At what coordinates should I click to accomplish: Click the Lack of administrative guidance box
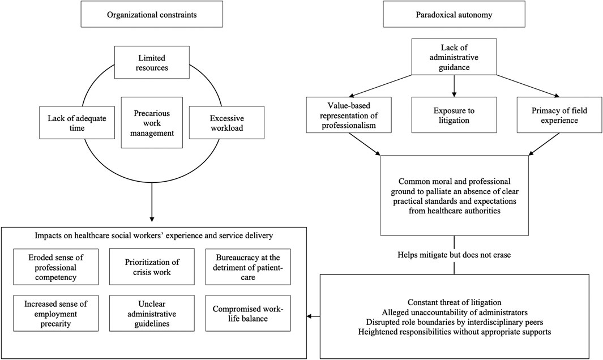(454, 57)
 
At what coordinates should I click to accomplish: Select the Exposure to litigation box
(454, 115)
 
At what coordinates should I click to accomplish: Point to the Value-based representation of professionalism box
(349, 115)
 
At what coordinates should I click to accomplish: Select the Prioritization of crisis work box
(151, 267)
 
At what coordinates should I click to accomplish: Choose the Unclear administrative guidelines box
(151, 313)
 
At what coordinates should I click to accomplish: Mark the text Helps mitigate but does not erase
(454, 254)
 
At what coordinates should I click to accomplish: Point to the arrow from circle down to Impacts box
(152, 204)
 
